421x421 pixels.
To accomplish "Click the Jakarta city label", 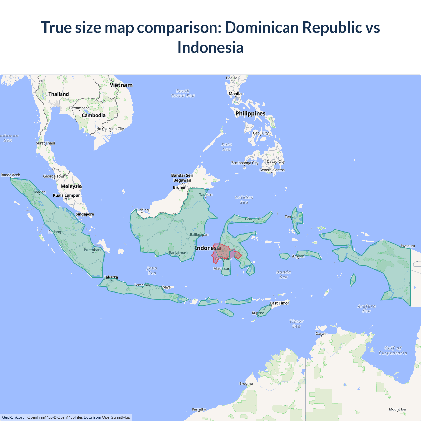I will click(111, 277).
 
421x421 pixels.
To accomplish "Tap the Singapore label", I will click(85, 214).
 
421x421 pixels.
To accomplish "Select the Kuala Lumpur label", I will click(66, 195).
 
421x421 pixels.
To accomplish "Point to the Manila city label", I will click(235, 94).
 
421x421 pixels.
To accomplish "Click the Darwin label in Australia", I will click(322, 334).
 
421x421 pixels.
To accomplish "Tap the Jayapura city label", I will click(408, 246).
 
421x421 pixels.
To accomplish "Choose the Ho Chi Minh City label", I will click(110, 129).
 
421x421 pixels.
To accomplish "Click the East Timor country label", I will click(280, 303).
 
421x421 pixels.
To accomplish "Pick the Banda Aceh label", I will click(11, 175).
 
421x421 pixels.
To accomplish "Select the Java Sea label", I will click(152, 270).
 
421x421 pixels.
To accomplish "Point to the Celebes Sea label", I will click(244, 200).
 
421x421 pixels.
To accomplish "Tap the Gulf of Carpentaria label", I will click(393, 350).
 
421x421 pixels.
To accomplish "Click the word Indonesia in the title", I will click(210, 47).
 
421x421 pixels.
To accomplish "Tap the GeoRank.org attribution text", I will click(13, 417).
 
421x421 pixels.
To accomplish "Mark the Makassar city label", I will click(221, 269).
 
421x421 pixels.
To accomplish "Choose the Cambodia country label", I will click(93, 115).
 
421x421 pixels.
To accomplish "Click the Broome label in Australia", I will click(246, 384).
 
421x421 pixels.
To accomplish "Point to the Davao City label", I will click(276, 162).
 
